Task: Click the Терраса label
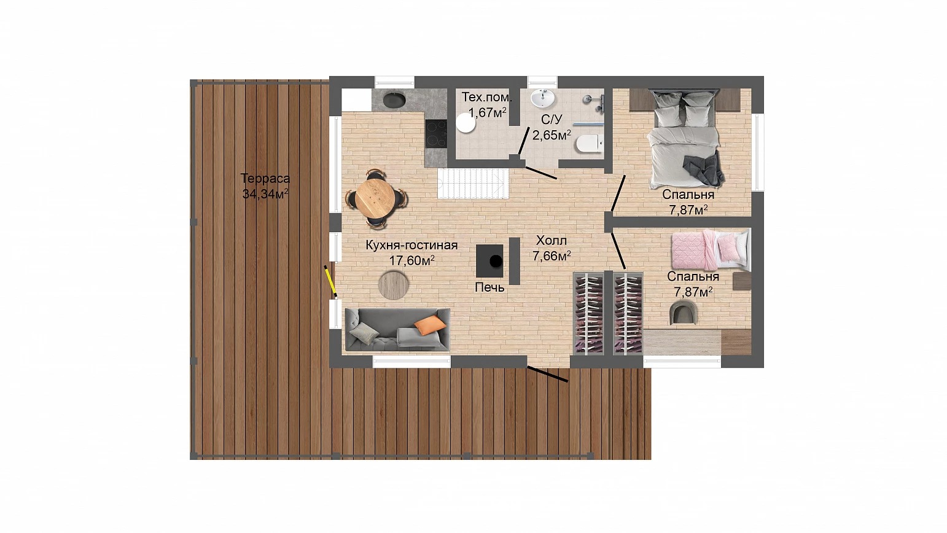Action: (265, 178)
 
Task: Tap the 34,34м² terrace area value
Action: (265, 193)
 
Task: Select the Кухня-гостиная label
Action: (411, 245)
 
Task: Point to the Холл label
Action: (551, 241)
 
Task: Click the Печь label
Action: (489, 287)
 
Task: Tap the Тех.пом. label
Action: (486, 97)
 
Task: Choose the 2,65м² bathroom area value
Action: (551, 135)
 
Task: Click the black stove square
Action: (489, 261)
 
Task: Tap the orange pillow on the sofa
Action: (430, 325)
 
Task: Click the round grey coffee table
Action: (393, 286)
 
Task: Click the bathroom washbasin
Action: (543, 99)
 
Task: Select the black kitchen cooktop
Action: (436, 134)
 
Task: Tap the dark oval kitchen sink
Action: (394, 99)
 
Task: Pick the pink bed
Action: (709, 250)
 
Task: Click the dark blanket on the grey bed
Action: (704, 169)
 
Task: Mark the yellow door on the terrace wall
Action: (330, 281)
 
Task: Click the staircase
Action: (473, 184)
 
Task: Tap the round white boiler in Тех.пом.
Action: (466, 123)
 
